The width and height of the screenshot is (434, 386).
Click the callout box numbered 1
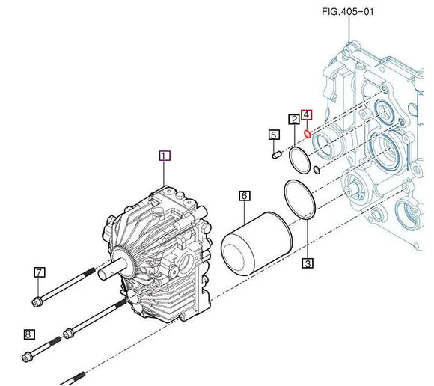[x=165, y=156]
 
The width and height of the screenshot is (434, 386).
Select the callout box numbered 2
[x=295, y=119]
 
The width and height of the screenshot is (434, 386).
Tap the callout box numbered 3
[x=307, y=263]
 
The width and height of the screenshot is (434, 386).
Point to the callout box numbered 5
[x=274, y=135]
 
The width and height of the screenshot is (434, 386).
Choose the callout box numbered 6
[x=244, y=196]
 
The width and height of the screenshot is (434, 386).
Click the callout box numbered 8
[x=29, y=334]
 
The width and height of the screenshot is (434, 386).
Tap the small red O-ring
[x=308, y=135]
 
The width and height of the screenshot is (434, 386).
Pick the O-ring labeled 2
[x=297, y=159]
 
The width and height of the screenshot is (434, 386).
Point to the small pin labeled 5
[x=275, y=154]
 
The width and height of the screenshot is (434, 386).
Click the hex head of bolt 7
[x=35, y=301]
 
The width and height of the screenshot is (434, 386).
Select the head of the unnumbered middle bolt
[x=70, y=330]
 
